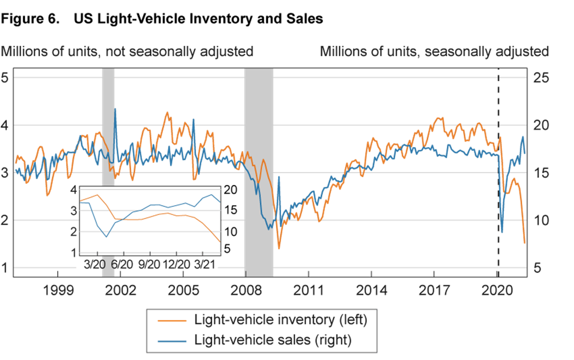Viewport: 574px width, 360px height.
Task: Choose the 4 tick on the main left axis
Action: (5, 125)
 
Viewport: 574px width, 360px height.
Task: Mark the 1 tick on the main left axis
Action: (5, 268)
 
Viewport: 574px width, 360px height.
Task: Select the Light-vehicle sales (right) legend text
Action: (273, 340)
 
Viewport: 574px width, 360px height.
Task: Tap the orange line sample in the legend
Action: (172, 320)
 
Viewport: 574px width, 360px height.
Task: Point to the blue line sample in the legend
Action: (172, 341)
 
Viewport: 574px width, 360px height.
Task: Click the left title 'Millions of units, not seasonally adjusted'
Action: (127, 51)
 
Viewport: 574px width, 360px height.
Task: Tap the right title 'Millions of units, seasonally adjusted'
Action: (434, 51)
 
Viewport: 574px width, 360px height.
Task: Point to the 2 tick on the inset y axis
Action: (73, 232)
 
